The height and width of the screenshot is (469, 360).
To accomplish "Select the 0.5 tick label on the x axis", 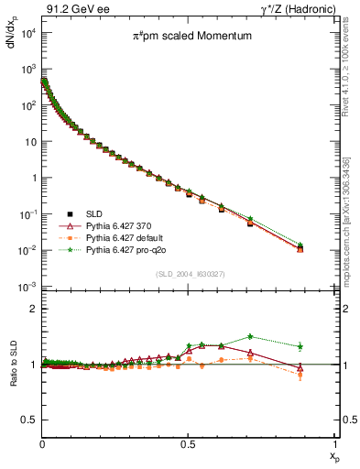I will coord(188,442).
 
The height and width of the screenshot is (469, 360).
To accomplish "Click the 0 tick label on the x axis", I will coord(42,442).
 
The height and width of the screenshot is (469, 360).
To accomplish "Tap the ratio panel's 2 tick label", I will coord(33,309).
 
